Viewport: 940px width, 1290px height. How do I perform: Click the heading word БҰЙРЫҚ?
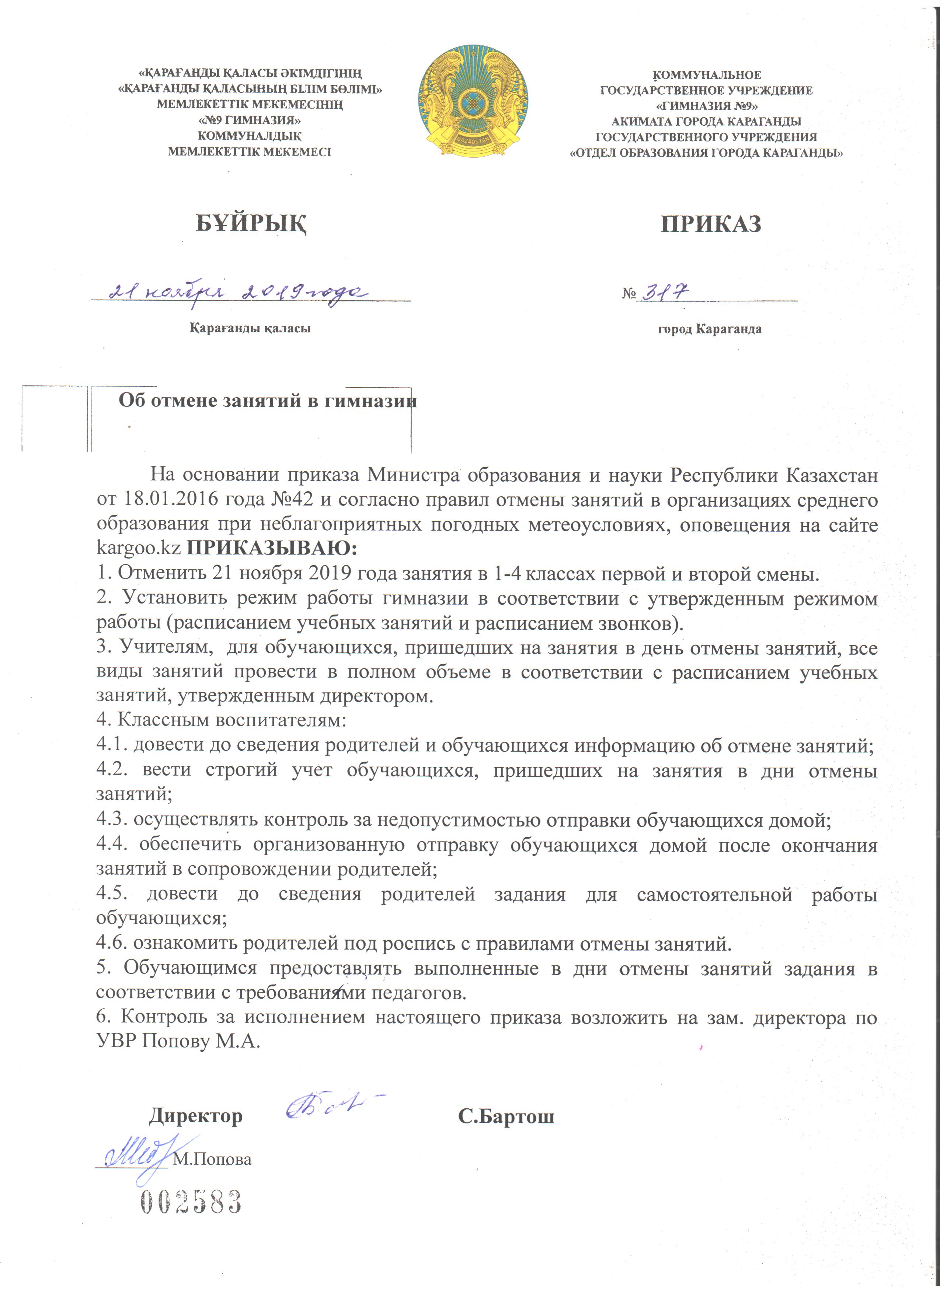tap(251, 224)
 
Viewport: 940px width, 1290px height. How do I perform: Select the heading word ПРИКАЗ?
tap(711, 224)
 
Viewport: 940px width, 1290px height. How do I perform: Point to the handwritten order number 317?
tap(666, 292)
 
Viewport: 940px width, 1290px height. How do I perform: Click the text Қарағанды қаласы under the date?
tap(250, 328)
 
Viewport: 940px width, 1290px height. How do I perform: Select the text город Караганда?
tap(710, 329)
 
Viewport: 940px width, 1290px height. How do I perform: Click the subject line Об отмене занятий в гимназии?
tap(267, 401)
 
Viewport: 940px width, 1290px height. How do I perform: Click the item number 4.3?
tap(112, 820)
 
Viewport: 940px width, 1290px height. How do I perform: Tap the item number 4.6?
tap(112, 944)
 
